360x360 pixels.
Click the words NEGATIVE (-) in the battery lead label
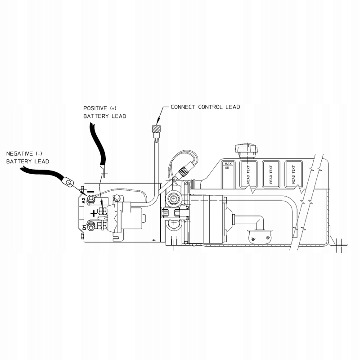pos(23,153)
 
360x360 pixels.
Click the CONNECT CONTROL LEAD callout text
pos(205,107)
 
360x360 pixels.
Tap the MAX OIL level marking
pos(228,165)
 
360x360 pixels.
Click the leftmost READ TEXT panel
pos(248,174)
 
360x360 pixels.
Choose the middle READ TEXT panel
pos(271,174)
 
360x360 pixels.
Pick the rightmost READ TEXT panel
pos(293,174)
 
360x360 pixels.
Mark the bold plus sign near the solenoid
pos(94,213)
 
